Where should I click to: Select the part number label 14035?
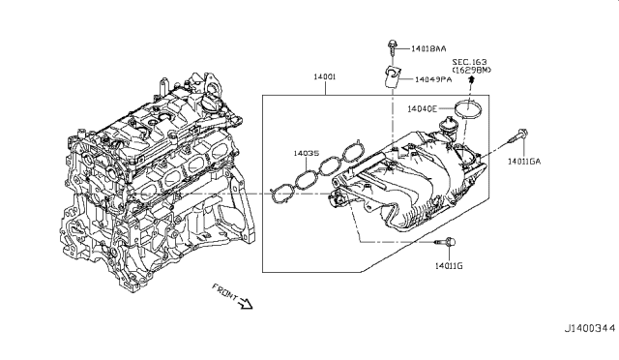pyautogui.click(x=308, y=152)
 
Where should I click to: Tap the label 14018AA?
pyautogui.click(x=428, y=47)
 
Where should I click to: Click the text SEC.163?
pyautogui.click(x=472, y=61)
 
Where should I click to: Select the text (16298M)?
pyautogui.click(x=472, y=71)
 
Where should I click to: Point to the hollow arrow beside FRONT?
pyautogui.click(x=245, y=304)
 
